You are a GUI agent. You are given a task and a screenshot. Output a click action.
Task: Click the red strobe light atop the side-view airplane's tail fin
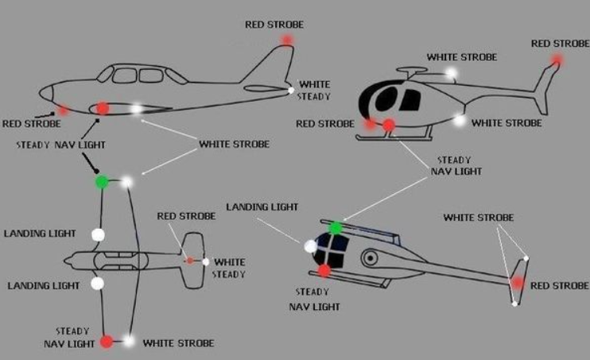(x=287, y=40)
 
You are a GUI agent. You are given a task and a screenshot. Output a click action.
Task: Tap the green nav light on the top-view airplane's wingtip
(x=102, y=182)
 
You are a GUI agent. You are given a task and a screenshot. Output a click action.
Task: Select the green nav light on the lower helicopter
(x=336, y=228)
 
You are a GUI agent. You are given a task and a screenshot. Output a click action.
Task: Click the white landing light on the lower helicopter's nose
(x=310, y=246)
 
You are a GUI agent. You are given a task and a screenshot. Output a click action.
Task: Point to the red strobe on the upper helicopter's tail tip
(x=557, y=60)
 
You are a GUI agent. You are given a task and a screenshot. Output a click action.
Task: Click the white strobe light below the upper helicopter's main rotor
(x=451, y=72)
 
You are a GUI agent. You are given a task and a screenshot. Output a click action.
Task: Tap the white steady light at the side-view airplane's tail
(x=290, y=91)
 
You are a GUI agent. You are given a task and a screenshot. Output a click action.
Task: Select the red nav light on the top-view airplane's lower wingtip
(x=107, y=342)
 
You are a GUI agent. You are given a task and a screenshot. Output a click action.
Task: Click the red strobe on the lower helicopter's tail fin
(x=518, y=282)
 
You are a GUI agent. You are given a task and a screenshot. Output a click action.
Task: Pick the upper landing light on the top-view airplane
(x=99, y=234)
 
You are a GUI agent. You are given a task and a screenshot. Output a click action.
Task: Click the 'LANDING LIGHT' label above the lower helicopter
(x=262, y=207)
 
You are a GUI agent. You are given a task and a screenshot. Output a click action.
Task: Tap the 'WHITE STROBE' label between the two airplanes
(x=234, y=144)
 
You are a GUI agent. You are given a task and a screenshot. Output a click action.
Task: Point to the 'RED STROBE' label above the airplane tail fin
(x=274, y=25)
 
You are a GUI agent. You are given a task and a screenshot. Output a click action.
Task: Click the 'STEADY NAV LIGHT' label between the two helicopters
(x=456, y=166)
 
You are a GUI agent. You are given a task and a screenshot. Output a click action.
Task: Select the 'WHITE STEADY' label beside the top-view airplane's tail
(x=229, y=268)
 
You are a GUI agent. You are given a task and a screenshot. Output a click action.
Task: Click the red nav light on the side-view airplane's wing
(x=103, y=108)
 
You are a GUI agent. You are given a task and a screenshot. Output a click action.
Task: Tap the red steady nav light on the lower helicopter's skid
(x=324, y=270)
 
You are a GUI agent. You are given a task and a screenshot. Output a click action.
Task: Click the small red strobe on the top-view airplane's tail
(x=190, y=261)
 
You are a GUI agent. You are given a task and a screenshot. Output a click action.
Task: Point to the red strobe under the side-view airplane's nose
(x=63, y=110)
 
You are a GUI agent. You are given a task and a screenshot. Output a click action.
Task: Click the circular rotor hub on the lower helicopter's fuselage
(x=371, y=258)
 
